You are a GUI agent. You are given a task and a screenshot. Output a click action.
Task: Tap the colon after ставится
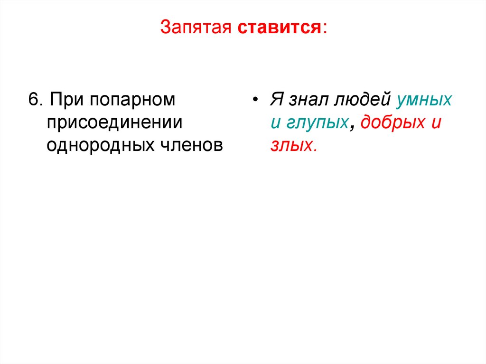click(x=325, y=28)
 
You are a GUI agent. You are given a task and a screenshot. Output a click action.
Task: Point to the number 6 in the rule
click(x=32, y=101)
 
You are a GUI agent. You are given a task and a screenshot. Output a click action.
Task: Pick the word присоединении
click(x=114, y=122)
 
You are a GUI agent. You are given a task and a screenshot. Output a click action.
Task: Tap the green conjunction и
click(x=275, y=123)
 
